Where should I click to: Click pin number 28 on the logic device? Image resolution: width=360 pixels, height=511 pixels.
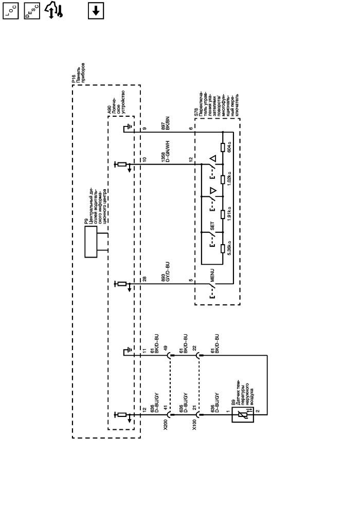point(145,280)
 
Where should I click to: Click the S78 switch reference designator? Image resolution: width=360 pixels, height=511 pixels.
point(196,112)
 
